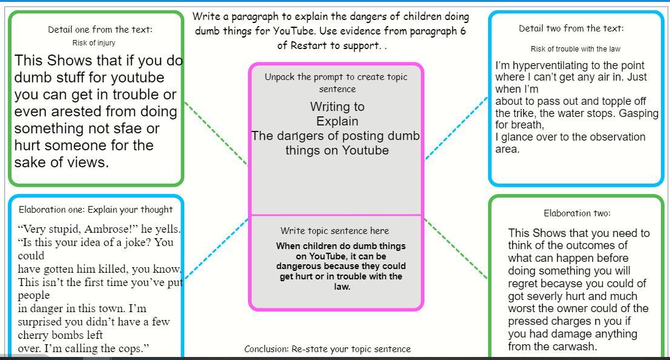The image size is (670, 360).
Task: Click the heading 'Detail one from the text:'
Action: pyautogui.click(x=100, y=30)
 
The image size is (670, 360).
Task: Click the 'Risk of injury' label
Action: pyautogui.click(x=93, y=43)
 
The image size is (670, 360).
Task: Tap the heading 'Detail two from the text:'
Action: pyautogui.click(x=571, y=28)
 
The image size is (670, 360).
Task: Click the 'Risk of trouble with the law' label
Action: pyautogui.click(x=575, y=49)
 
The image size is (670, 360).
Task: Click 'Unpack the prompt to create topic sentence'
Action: pyautogui.click(x=336, y=82)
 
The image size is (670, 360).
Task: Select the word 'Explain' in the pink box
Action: pyautogui.click(x=337, y=121)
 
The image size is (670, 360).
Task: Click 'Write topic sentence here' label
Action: pyautogui.click(x=335, y=231)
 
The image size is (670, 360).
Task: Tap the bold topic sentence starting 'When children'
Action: pyautogui.click(x=341, y=266)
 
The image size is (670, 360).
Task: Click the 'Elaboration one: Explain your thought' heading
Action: pyautogui.click(x=96, y=210)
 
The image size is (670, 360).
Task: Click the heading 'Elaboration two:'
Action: pyautogui.click(x=577, y=213)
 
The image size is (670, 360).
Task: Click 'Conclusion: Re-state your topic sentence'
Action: pyautogui.click(x=327, y=349)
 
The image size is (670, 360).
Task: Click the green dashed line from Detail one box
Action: pyautogui.click(x=215, y=134)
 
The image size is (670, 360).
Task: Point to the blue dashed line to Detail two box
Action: pyautogui.click(x=456, y=128)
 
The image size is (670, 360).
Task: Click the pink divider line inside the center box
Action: pyautogui.click(x=337, y=215)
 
